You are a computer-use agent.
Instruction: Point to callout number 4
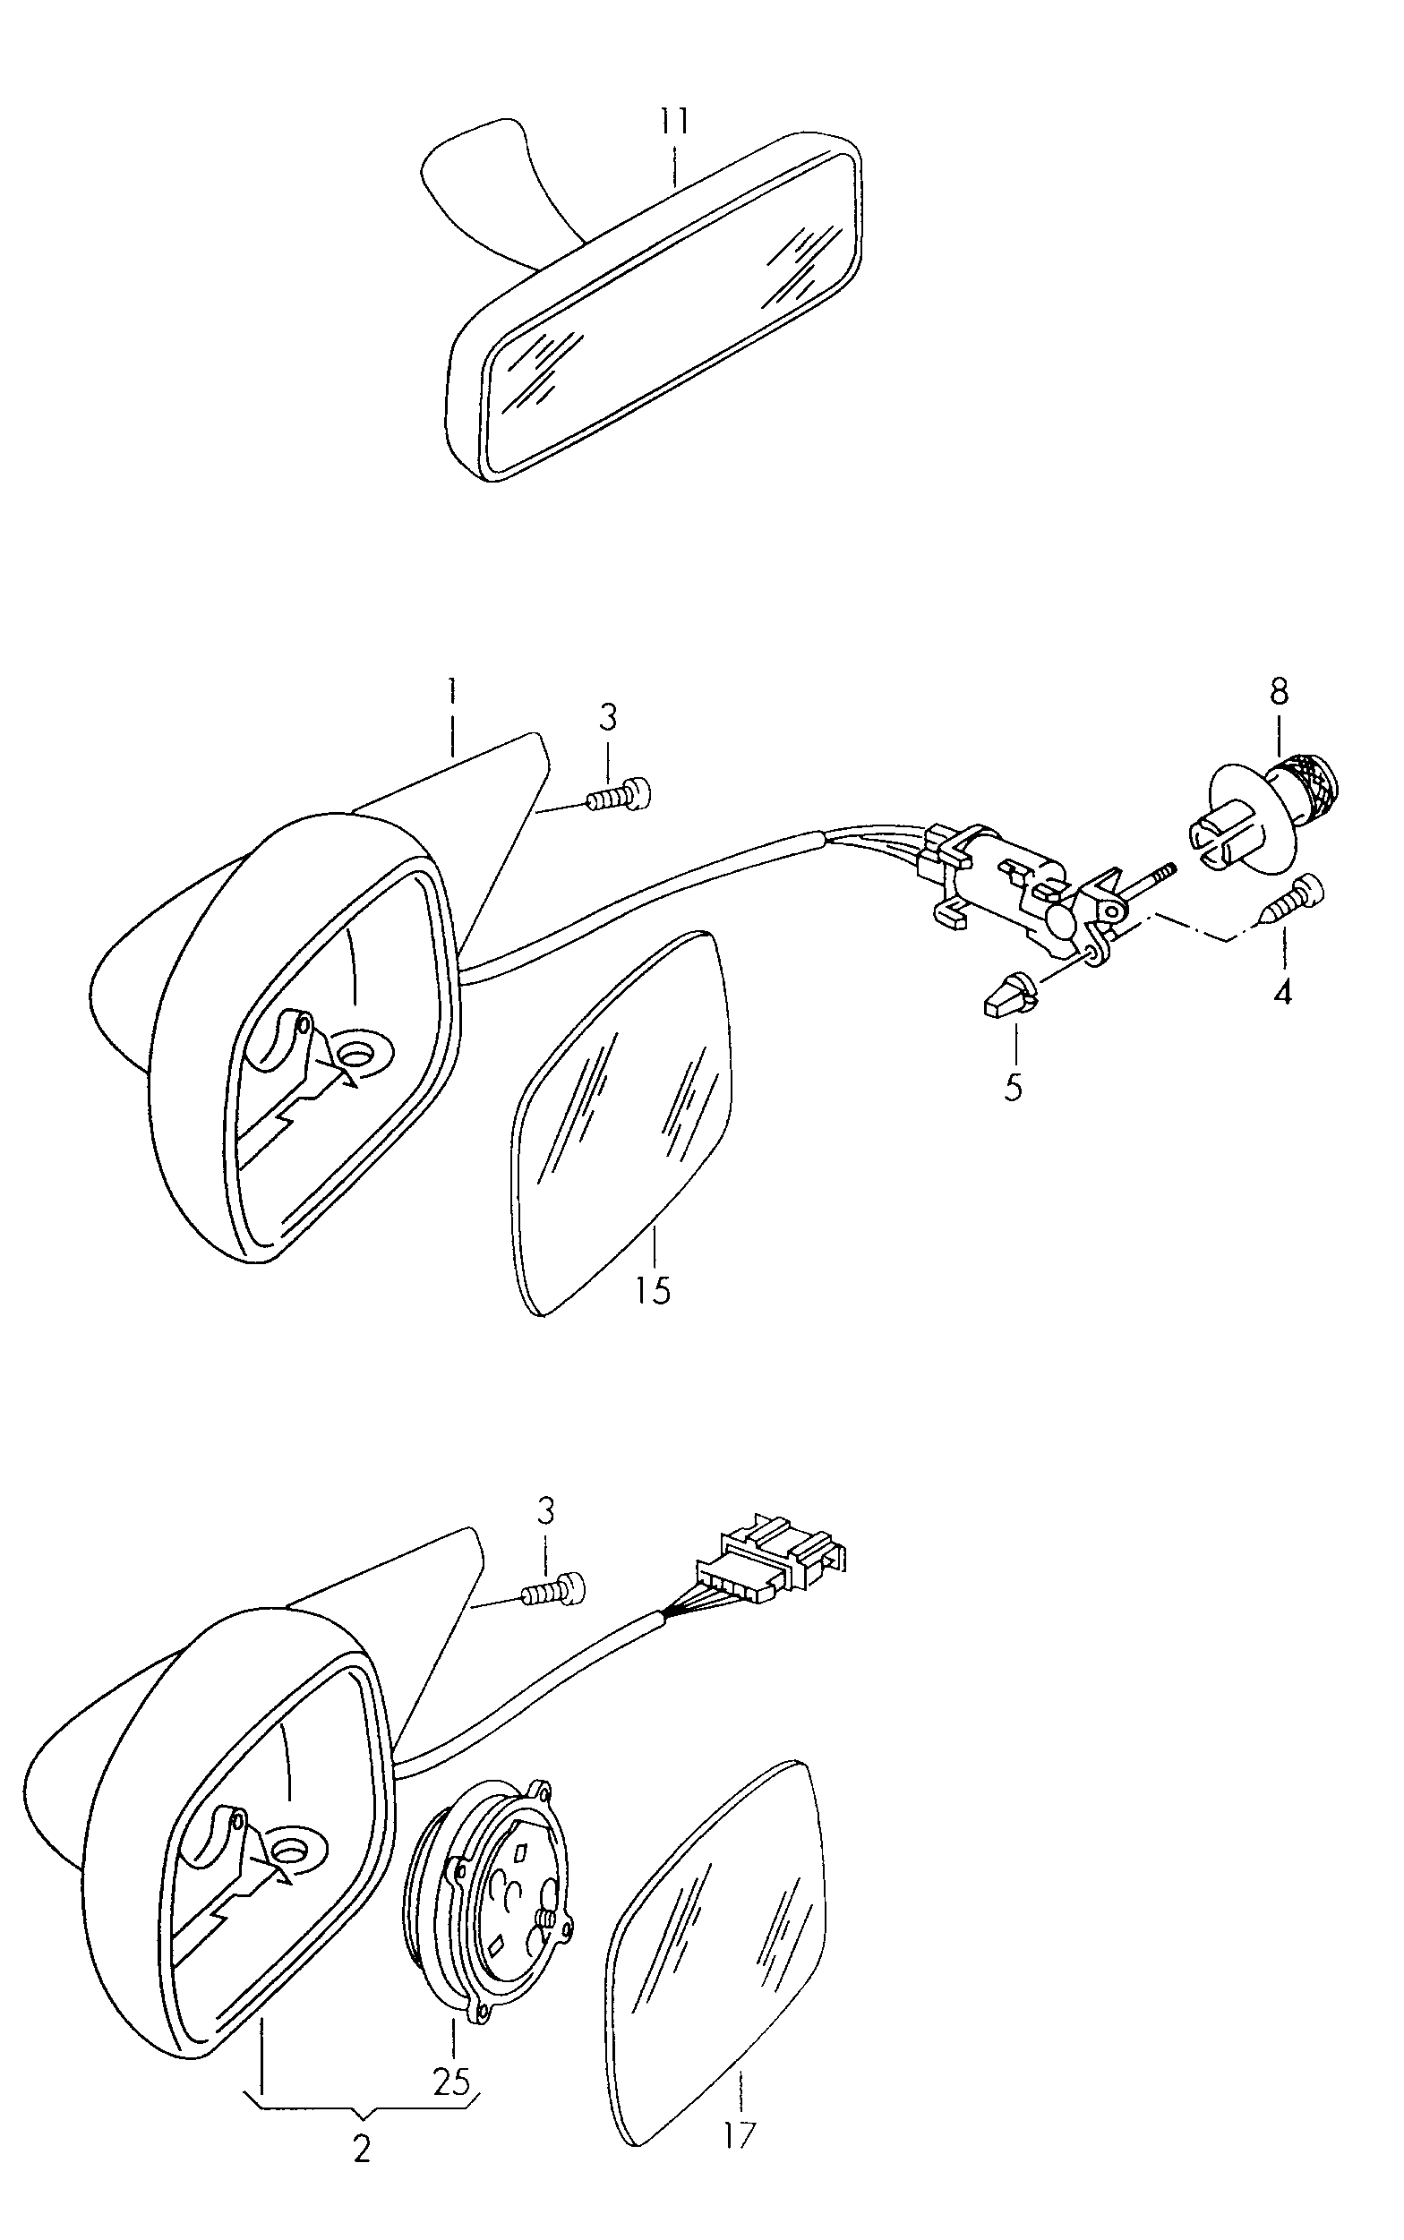(1282, 992)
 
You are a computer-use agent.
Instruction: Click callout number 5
(1013, 1087)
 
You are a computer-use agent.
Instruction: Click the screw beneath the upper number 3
(619, 794)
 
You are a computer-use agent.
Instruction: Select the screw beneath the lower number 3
(555, 1591)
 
